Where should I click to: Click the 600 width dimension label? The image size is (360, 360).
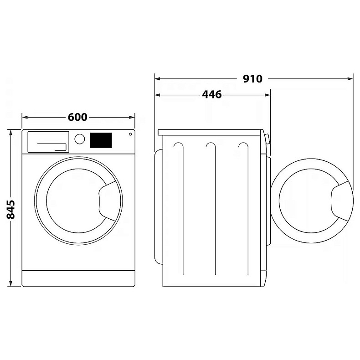[77, 117]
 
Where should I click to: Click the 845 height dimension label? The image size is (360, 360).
[11, 209]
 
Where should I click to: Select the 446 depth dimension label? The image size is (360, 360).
[212, 95]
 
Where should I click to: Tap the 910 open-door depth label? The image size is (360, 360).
[252, 79]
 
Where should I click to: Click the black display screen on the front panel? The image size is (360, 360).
[101, 140]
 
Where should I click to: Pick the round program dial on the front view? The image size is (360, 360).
[80, 139]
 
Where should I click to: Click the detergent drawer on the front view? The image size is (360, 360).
[48, 142]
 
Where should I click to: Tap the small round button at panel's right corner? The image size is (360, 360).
[130, 134]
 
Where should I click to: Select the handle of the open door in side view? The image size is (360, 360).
[340, 201]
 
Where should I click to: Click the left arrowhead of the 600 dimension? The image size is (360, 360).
[25, 117]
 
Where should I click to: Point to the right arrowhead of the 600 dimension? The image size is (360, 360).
[132, 117]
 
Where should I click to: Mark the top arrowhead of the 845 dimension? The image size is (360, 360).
[10, 133]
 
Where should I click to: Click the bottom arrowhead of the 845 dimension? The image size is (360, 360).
[10, 284]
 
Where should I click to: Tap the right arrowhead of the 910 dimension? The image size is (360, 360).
[350, 79]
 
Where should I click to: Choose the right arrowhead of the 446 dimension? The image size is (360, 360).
[267, 95]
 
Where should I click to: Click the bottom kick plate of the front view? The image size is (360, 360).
[78, 278]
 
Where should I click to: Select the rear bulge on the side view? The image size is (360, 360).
[159, 206]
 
